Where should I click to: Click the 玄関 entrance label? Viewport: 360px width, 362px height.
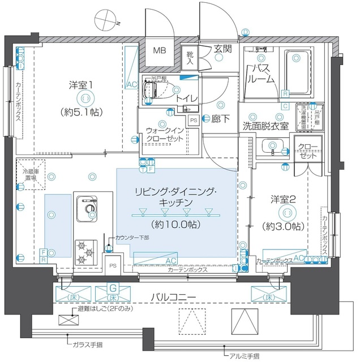click(x=222, y=49)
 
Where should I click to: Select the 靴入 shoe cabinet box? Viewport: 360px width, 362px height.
click(x=191, y=58)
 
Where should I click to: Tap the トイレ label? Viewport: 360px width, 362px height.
click(x=186, y=98)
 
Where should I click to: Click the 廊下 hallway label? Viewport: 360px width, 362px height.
click(x=221, y=120)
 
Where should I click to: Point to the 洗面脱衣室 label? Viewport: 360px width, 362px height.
click(x=265, y=125)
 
